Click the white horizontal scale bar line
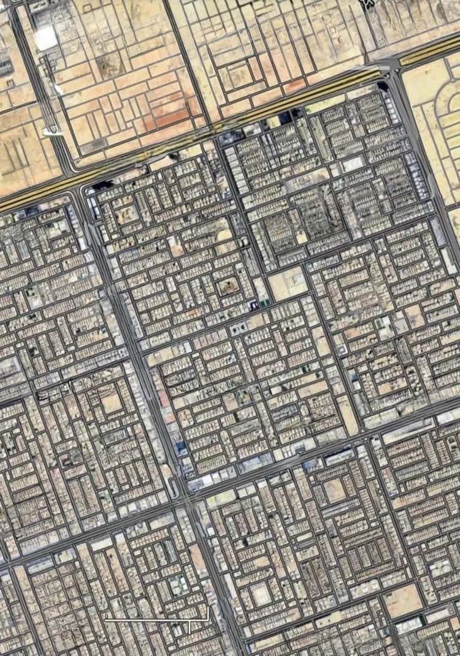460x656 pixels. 153,620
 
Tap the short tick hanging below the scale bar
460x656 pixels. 190,627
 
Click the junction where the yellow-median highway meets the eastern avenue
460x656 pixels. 391,69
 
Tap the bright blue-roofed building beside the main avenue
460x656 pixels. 180,449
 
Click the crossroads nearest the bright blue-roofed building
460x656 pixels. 183,496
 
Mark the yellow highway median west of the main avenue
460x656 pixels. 37,196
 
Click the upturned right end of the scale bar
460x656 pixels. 208,613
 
